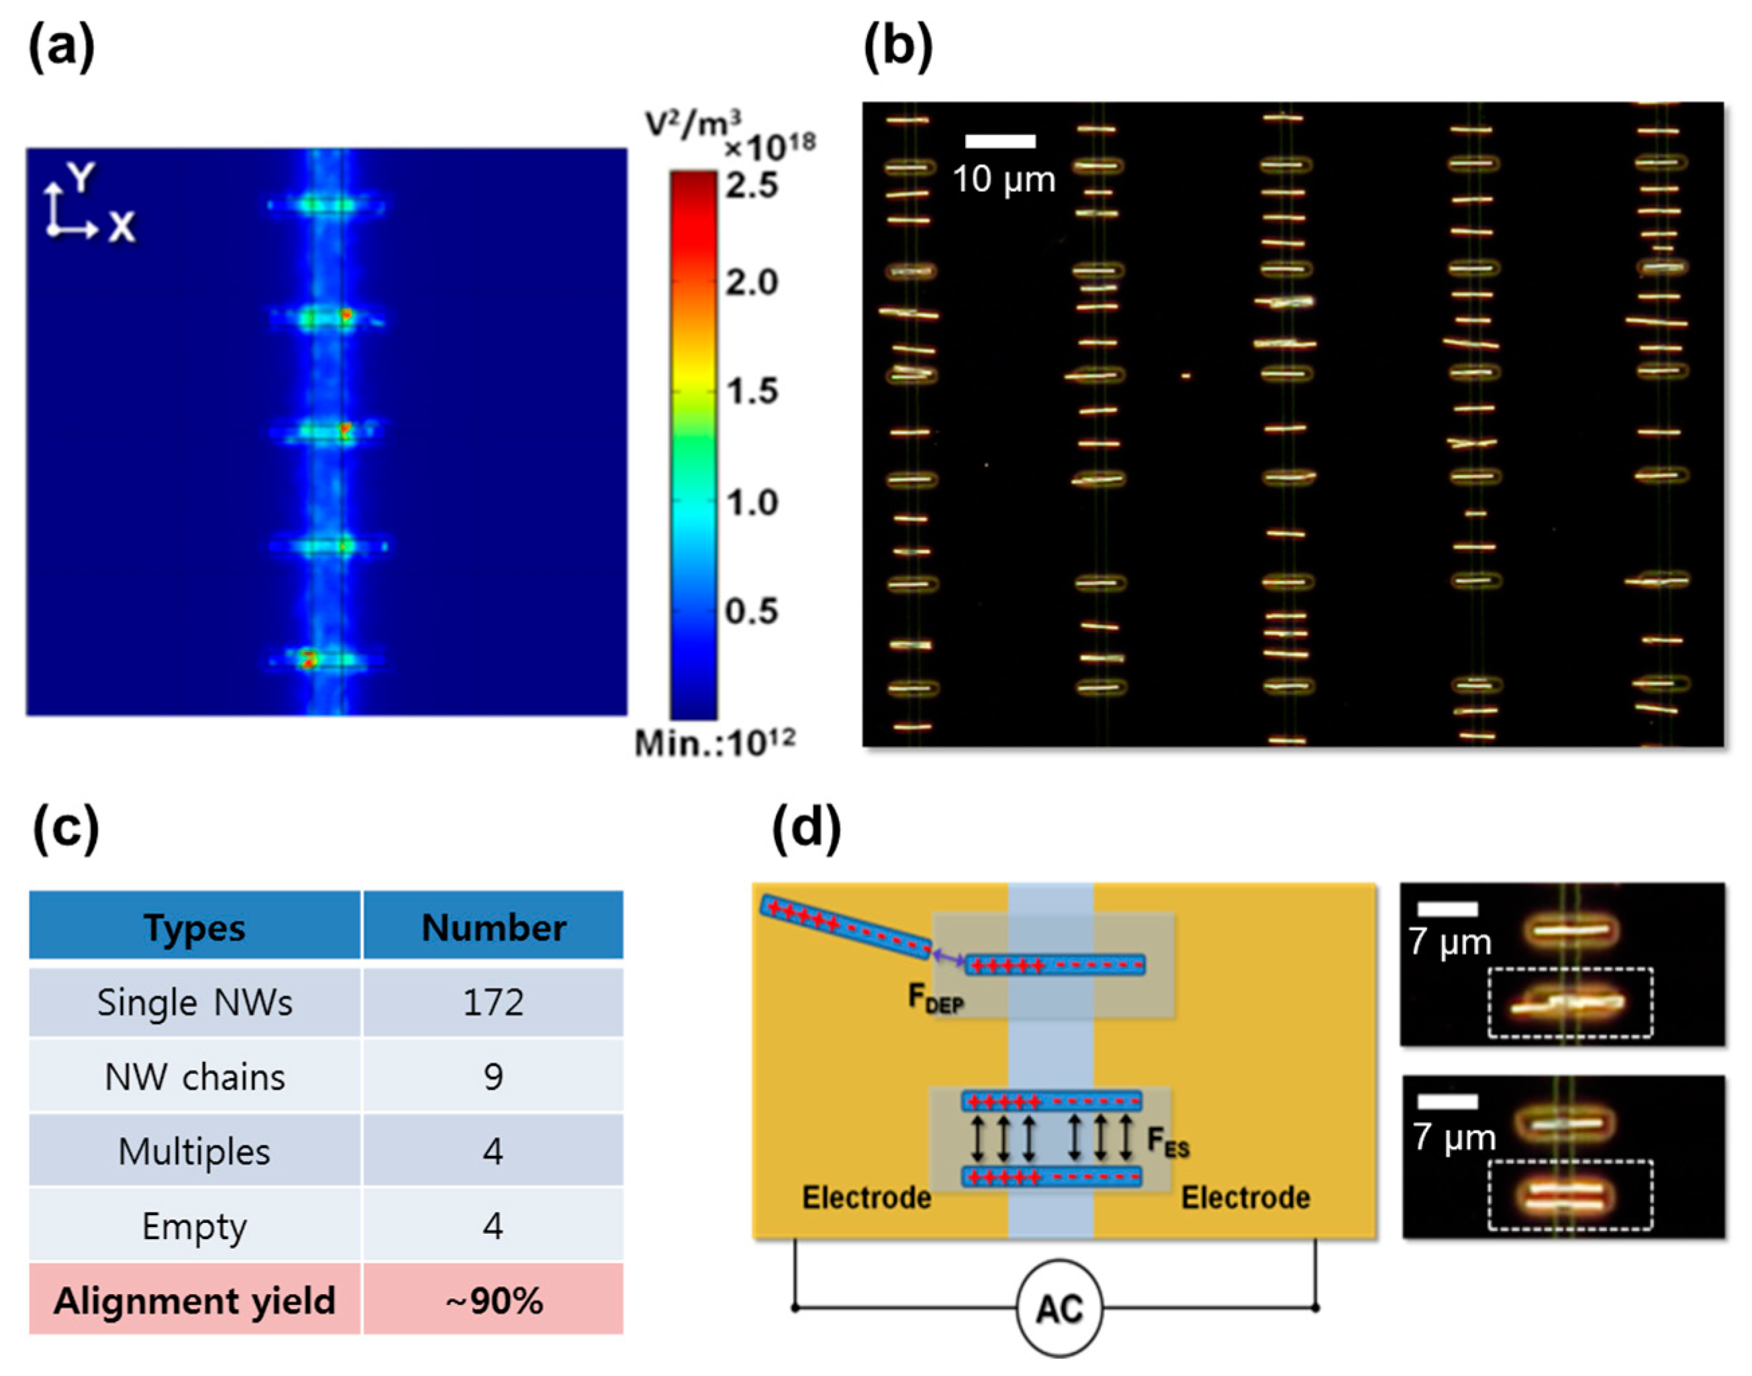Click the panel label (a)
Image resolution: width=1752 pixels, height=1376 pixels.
(x=61, y=48)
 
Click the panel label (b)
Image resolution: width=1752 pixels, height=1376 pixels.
(x=897, y=48)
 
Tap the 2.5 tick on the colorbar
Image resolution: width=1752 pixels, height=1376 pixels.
(x=751, y=185)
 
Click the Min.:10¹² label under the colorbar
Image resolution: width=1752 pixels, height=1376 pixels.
(x=714, y=743)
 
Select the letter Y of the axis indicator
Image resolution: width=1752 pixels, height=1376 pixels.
(x=81, y=176)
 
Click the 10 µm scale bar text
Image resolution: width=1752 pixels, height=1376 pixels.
(x=1004, y=179)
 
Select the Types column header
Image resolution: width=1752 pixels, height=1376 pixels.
(x=194, y=927)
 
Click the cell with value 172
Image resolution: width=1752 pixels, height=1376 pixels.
(x=493, y=1002)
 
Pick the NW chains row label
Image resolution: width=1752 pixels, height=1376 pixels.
(x=194, y=1077)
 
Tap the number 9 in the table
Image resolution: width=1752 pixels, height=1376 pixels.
(x=493, y=1077)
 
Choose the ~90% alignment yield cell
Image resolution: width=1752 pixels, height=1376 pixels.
(x=493, y=1301)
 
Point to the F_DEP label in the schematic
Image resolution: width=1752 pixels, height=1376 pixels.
(x=935, y=999)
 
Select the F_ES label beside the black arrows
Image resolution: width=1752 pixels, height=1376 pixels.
(x=1167, y=1143)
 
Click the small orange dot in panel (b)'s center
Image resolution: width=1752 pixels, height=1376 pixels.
(x=1185, y=376)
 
